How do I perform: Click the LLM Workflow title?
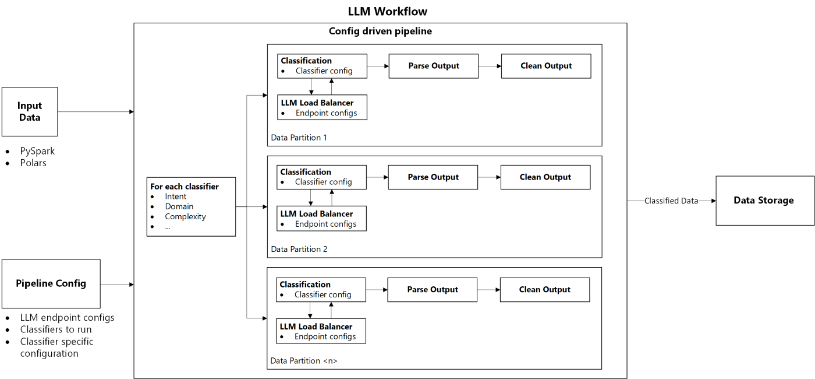pos(387,11)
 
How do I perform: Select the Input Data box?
pos(30,111)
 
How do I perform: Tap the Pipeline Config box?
pos(51,284)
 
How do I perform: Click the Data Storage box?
pos(764,201)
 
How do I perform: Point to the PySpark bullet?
pos(37,151)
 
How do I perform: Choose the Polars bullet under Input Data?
pos(33,163)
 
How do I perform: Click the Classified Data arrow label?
pos(671,201)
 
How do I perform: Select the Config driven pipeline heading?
pos(380,31)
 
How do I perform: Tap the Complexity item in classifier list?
pos(185,216)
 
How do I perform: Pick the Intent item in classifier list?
pos(175,196)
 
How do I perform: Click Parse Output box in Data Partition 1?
pos(434,66)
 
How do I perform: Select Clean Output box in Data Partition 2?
pos(545,177)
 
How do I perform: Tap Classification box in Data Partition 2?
pos(323,177)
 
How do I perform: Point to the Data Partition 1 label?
pos(299,138)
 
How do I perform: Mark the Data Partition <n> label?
pos(304,361)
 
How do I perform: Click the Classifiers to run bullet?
pos(56,329)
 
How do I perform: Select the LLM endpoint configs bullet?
pos(67,318)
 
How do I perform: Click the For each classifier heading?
pos(185,187)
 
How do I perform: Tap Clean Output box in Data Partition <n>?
pos(545,290)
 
